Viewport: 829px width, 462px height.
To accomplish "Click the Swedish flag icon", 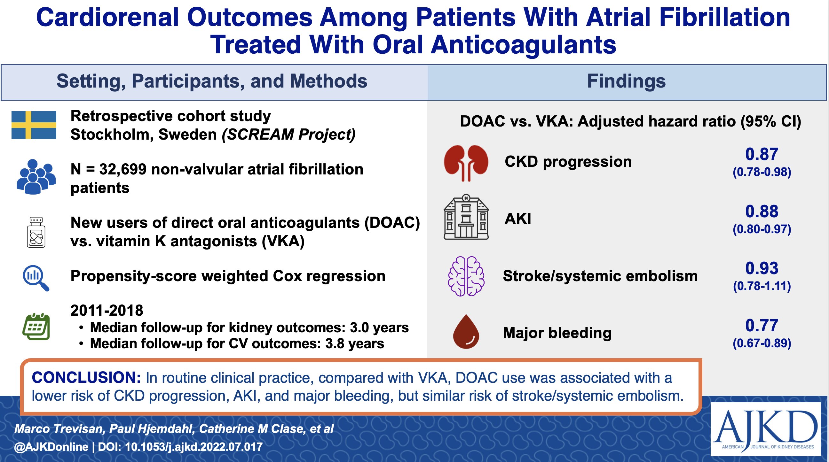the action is click(34, 125).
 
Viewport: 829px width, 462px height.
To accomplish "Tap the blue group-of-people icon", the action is click(36, 177).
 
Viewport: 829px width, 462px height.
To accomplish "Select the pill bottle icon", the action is click(36, 232).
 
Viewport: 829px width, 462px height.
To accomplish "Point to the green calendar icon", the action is click(36, 327).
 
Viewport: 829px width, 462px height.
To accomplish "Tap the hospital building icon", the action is click(466, 217).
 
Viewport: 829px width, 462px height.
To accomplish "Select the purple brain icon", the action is click(466, 276).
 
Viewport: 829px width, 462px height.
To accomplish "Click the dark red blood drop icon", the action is click(466, 331).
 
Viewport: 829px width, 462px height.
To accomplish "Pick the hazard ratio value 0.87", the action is click(762, 154).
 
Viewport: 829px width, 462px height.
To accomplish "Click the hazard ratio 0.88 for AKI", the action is click(762, 211).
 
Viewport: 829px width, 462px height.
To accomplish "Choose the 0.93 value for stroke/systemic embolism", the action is click(762, 268).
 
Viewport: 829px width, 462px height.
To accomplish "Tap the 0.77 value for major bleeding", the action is click(762, 325).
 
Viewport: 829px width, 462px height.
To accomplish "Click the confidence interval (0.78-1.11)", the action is click(762, 286).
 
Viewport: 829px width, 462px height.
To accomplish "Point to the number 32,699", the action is click(122, 169).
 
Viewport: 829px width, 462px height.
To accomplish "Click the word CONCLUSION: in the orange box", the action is click(86, 377).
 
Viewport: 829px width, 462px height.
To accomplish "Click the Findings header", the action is click(626, 81).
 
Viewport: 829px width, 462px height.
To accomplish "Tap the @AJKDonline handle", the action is click(51, 447).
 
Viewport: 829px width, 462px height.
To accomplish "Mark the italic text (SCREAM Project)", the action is click(289, 135).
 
